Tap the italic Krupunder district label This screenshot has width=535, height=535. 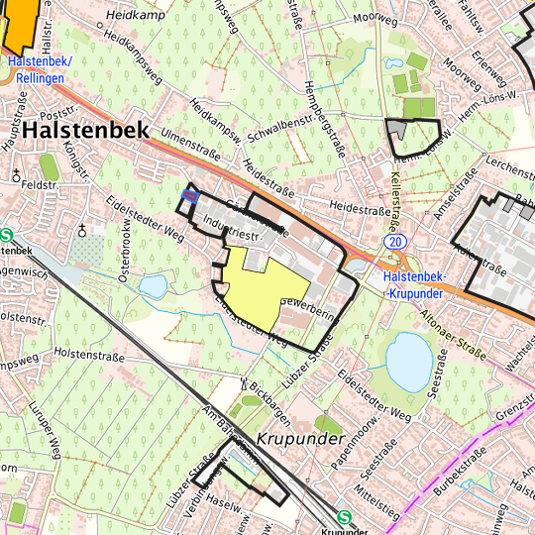300,437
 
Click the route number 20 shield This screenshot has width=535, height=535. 394,241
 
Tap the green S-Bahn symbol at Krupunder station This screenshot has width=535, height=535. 344,517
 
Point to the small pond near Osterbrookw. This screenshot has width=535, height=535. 153,287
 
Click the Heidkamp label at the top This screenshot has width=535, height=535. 140,17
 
